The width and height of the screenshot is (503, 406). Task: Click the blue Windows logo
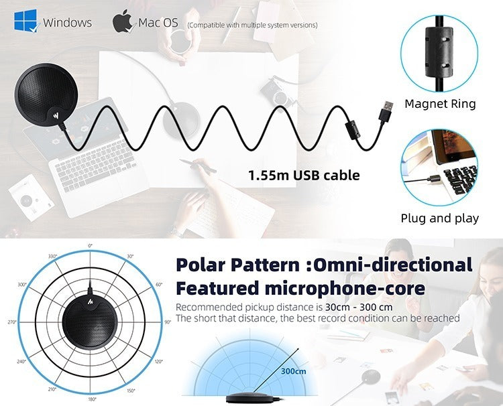tap(25, 21)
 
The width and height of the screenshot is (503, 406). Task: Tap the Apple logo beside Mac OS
tap(122, 21)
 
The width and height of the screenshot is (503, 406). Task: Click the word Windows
tap(67, 22)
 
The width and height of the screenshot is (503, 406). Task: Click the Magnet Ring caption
tap(440, 104)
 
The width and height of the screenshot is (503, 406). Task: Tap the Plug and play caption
tap(439, 218)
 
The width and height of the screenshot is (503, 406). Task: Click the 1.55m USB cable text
tap(304, 176)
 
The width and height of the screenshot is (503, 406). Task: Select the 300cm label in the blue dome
tap(294, 371)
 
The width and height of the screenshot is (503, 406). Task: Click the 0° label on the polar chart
tap(90, 245)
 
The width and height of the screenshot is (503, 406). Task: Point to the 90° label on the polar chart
tap(168, 322)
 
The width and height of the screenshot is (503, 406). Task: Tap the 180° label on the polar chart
tap(91, 399)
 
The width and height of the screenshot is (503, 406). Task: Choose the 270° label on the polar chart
tap(12, 322)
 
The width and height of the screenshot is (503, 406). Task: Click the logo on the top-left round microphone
tap(57, 115)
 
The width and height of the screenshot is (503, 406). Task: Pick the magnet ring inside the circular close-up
tap(439, 52)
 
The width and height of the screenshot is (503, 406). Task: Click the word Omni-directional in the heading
tap(392, 265)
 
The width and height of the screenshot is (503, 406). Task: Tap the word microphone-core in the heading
tap(345, 288)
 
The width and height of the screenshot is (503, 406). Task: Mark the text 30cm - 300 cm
tap(359, 308)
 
